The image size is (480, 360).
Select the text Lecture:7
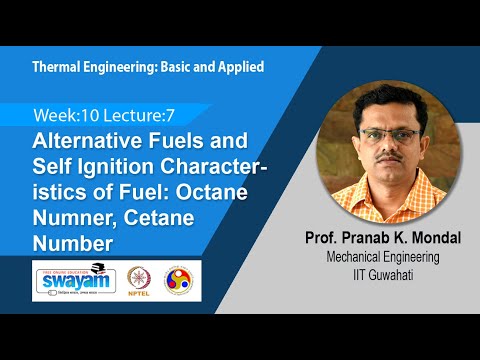[140, 118]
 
